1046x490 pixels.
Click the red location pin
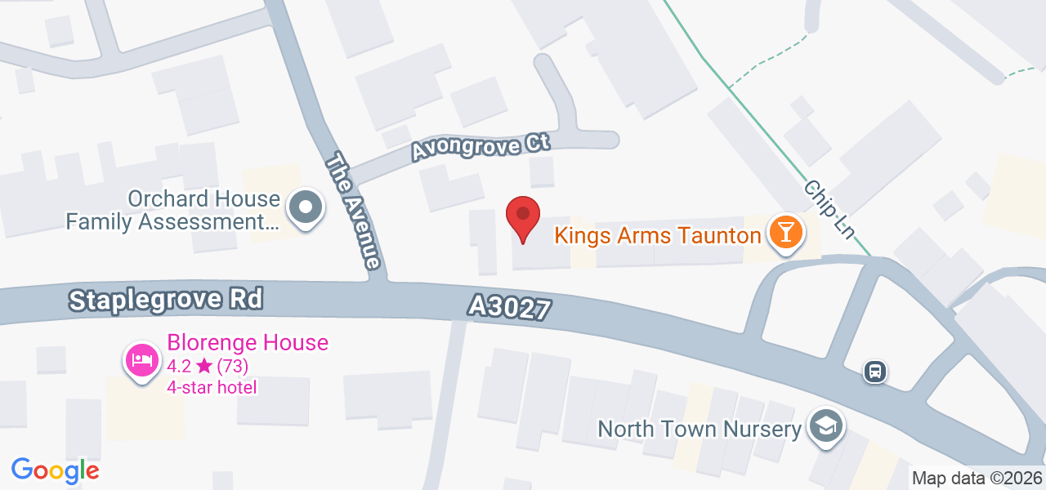pos(523,217)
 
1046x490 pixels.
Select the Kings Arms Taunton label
pos(657,236)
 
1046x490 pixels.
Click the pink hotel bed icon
pos(142,359)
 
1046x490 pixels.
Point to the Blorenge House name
pos(248,342)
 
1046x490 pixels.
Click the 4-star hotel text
pos(212,387)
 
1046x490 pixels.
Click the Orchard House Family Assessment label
pos(172,210)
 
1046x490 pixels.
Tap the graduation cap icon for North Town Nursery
pos(826,426)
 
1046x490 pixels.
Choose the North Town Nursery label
pos(699,429)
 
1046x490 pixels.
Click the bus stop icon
pos(875,372)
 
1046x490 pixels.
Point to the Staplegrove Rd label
pos(166,300)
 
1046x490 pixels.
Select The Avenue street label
pos(352,211)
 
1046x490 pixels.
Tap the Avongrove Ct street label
pos(480,147)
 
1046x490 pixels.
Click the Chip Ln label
pos(829,209)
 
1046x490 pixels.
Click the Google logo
pos(55,470)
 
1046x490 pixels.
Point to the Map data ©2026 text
pos(977,479)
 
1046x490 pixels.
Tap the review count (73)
pos(233,365)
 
